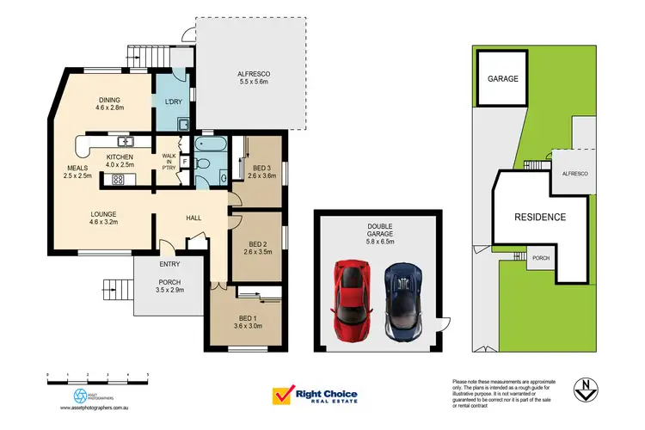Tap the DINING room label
coord(110,104)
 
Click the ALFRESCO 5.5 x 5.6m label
coord(254,80)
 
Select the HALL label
coord(193,218)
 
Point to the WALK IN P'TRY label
coord(169,161)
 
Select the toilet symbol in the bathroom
coord(204,163)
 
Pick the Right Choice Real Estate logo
coord(314,396)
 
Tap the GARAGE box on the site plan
coord(503,79)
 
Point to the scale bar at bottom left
coord(98,377)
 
